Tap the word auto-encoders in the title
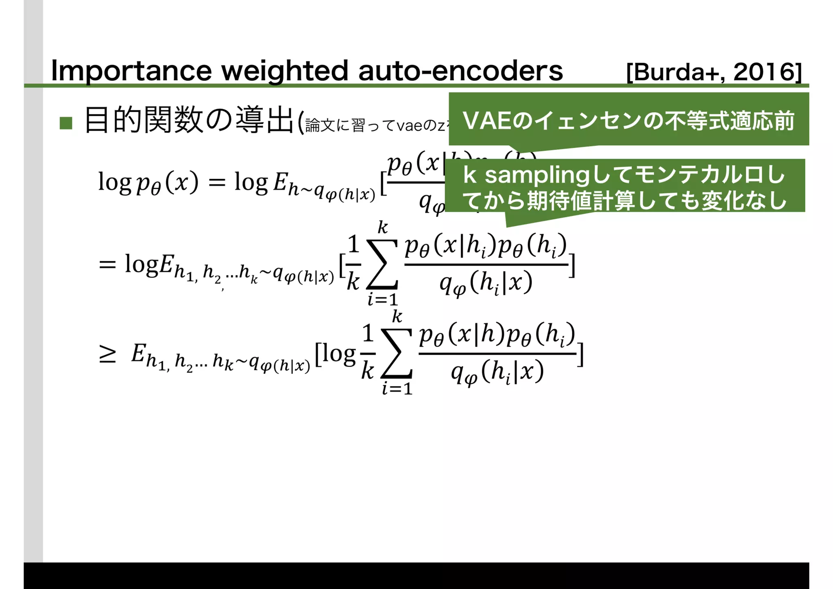[460, 71]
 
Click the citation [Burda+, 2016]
[714, 72]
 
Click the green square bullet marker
[66, 123]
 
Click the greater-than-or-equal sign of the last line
[107, 354]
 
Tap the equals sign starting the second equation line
[107, 265]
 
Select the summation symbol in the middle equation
[382, 264]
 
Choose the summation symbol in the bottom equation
[397, 353]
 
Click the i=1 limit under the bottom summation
[397, 389]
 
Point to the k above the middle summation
[383, 227]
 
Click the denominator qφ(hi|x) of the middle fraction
[486, 284]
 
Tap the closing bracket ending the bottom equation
[581, 355]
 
